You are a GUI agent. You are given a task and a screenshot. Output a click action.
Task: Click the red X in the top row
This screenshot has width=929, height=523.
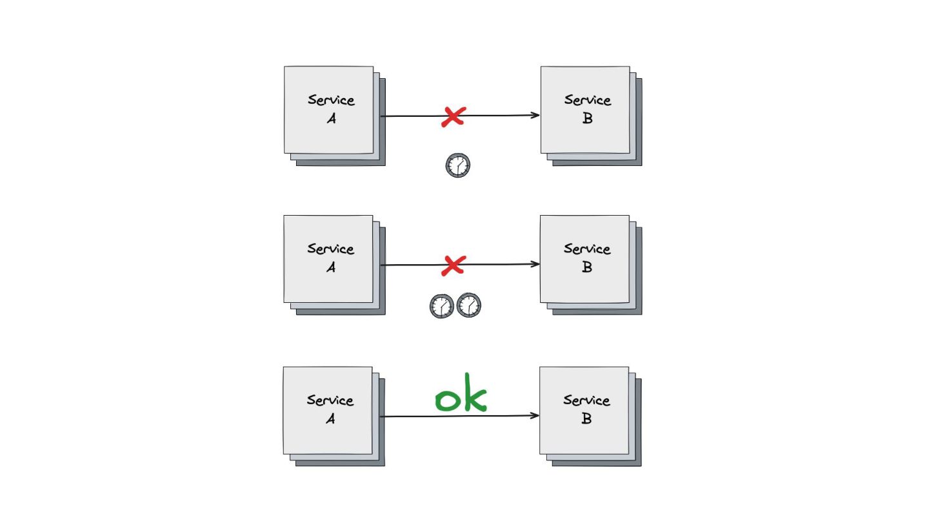[x=454, y=116]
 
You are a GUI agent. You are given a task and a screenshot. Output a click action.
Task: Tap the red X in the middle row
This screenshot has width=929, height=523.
[x=454, y=265]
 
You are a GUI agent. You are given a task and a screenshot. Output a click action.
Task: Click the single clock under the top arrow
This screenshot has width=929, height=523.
[x=458, y=165]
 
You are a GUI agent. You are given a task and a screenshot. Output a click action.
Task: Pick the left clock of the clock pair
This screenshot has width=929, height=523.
[x=442, y=305]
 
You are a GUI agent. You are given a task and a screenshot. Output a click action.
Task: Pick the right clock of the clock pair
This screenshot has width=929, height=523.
[x=469, y=305]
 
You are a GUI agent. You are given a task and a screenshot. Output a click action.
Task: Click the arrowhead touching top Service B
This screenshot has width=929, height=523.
[x=536, y=116]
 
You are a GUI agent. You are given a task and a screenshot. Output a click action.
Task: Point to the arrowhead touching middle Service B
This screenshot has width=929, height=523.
[x=536, y=264]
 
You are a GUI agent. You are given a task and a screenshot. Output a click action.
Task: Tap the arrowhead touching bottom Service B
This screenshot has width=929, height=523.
[x=535, y=416]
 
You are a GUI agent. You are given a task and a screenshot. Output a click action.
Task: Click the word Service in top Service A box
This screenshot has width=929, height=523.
[x=331, y=100]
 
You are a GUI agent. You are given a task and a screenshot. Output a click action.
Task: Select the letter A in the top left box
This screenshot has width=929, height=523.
[x=331, y=119]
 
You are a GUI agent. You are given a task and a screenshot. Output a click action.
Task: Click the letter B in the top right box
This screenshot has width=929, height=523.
[x=587, y=119]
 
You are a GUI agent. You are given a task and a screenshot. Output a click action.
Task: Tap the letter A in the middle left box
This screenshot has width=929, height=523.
[x=330, y=267]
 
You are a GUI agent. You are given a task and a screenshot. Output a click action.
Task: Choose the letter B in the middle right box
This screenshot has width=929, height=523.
[x=586, y=267]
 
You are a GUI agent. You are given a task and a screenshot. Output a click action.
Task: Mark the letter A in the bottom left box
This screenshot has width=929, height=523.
[x=330, y=419]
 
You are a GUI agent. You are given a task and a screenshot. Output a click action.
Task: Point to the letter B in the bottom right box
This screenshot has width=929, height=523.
[x=586, y=419]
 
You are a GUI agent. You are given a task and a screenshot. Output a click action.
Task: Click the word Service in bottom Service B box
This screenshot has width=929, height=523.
[x=586, y=400]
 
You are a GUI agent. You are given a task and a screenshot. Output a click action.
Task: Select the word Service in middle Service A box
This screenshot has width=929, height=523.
[x=330, y=249]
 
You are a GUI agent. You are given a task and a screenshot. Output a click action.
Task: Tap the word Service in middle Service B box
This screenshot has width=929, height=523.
[x=587, y=249]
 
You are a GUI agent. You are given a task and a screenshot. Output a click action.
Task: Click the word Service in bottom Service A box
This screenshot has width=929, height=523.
[x=330, y=400]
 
